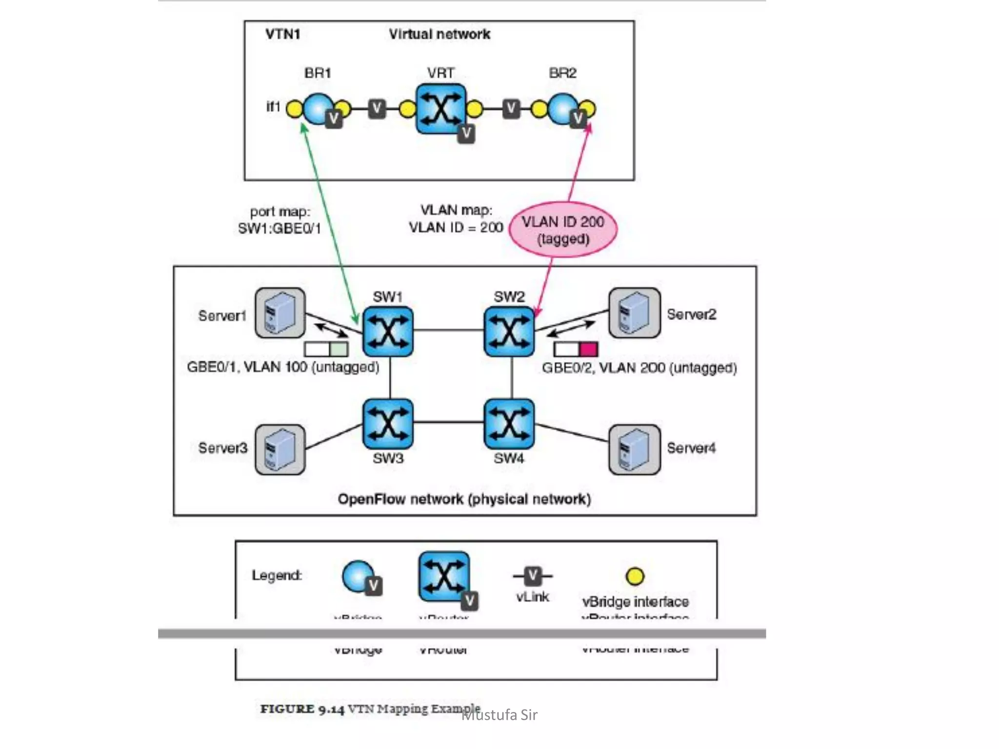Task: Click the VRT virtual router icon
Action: pos(441,109)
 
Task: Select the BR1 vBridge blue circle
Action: pos(318,109)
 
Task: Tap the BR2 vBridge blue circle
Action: pos(562,109)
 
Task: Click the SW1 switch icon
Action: pos(388,332)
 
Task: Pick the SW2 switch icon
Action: pos(509,332)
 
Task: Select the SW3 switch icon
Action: pos(388,424)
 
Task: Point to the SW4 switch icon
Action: pos(509,424)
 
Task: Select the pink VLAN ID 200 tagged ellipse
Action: pos(563,230)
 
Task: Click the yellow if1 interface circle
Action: pos(294,109)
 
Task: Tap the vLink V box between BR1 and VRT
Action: pos(377,109)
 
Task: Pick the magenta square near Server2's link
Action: pos(588,349)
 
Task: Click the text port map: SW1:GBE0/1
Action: pos(280,220)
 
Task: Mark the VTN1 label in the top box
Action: pos(282,34)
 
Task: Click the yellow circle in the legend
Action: pos(635,576)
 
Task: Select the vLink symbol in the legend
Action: pos(533,576)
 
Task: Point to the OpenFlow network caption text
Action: pos(464,499)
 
